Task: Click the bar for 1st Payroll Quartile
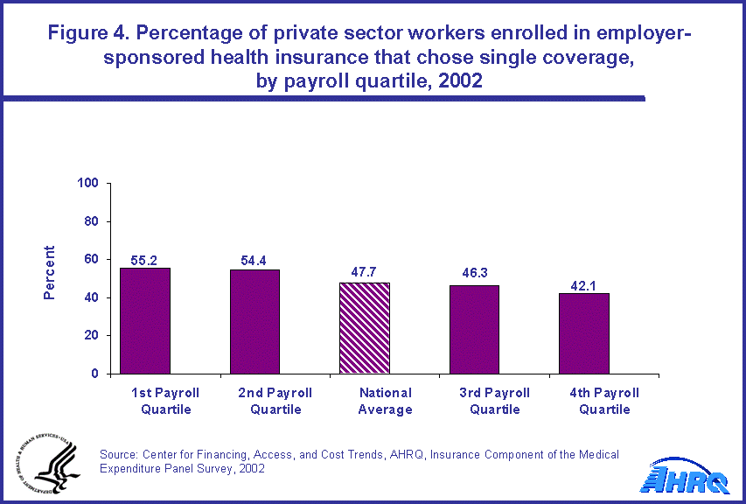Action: [x=145, y=320]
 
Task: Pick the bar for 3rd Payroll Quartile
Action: [x=473, y=329]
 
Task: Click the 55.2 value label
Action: [x=145, y=260]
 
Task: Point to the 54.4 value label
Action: [x=254, y=261]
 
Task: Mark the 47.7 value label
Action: [x=364, y=274]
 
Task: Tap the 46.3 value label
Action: [x=473, y=276]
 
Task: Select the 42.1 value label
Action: [x=583, y=284]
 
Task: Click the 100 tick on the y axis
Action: [x=88, y=184]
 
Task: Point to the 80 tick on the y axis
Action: [x=92, y=221]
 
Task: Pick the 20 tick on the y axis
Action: [x=92, y=336]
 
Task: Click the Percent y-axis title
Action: [x=50, y=273]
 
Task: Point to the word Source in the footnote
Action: [x=121, y=454]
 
